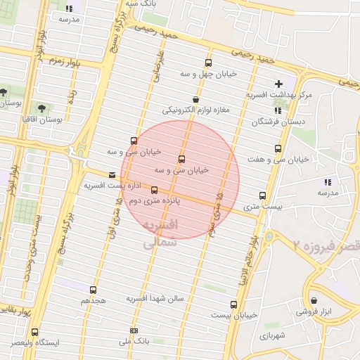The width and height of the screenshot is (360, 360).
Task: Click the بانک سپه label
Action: pos(141,4)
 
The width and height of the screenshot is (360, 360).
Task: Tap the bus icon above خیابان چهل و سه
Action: pos(208,63)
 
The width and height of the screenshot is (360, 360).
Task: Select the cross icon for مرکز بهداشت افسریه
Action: pos(279,84)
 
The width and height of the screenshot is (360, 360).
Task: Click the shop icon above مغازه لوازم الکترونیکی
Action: pos(195,100)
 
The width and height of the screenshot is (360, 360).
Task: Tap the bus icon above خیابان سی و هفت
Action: pos(278,149)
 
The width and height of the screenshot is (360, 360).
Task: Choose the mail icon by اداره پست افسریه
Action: pos(112,175)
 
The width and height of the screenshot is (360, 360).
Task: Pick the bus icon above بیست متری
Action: pos(263,195)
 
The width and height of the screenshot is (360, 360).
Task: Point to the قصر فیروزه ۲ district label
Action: pos(327,245)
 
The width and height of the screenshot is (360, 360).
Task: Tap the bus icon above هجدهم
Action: pos(93,290)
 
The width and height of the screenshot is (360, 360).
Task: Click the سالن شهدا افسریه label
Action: pos(155,299)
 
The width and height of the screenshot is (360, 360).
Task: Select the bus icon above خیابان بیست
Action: pos(233,304)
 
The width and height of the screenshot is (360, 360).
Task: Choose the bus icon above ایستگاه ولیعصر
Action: pos(34,333)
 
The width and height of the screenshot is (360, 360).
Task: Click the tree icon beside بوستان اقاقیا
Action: pos(41,109)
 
